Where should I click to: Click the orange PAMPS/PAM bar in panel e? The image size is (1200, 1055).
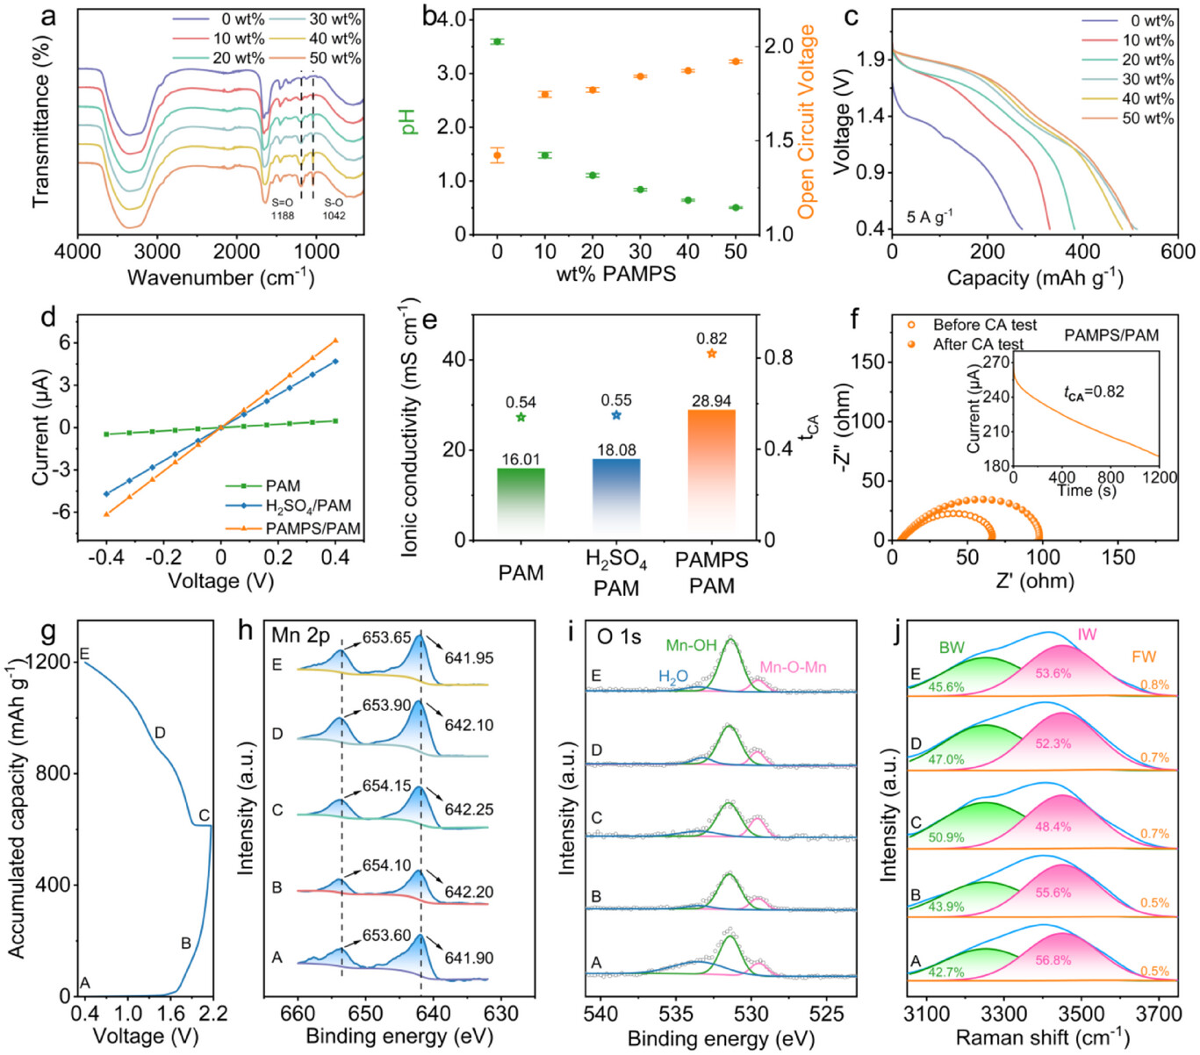coord(711,474)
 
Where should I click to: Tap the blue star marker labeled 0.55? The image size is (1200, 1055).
coord(616,415)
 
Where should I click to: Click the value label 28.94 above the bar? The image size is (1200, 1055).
coord(711,401)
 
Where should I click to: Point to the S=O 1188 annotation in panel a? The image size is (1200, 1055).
coord(283,209)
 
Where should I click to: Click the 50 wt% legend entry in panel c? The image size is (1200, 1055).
coord(1147,118)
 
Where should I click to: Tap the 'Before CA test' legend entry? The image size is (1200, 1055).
coord(984,325)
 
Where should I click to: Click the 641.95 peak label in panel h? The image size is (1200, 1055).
coord(469,657)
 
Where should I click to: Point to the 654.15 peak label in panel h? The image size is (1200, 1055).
coord(387,786)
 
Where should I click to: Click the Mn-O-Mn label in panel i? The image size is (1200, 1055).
coord(793,667)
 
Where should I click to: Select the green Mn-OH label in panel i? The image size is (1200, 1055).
coord(691,646)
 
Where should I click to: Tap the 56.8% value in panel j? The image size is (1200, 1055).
coord(1053,960)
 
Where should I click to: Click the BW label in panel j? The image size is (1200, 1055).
coord(952,648)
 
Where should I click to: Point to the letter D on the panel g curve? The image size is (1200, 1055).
coord(160,733)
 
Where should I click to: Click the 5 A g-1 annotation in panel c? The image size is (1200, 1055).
coord(930,216)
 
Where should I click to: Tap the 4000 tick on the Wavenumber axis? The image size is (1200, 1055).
coord(78,252)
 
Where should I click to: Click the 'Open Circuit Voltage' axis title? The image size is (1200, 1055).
coord(807,122)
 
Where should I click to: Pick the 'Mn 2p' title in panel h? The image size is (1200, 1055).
coord(301,635)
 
